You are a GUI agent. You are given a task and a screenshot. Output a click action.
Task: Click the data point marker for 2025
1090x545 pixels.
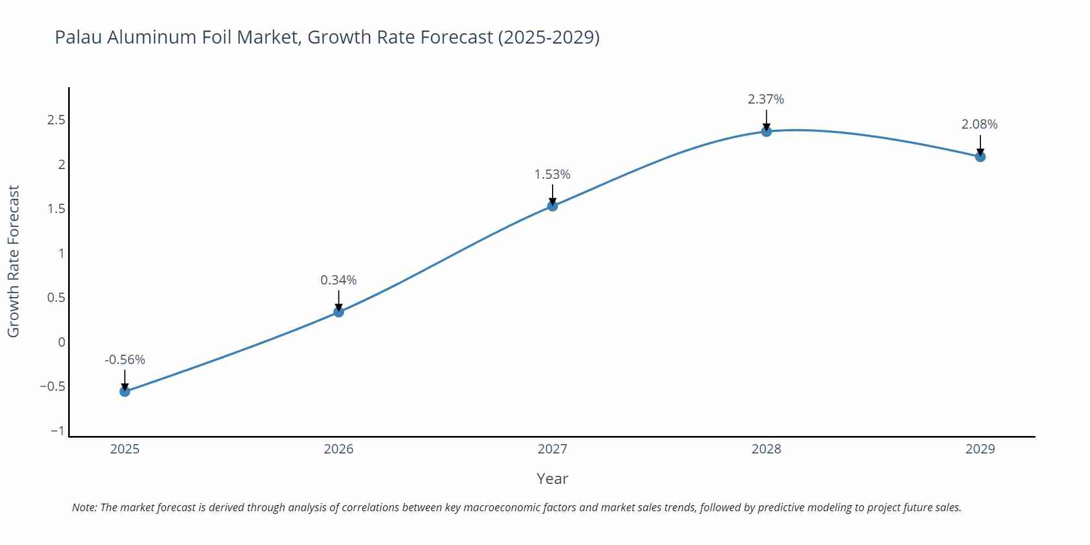(x=125, y=391)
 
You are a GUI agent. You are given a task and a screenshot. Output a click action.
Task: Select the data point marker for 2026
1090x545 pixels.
(x=338, y=312)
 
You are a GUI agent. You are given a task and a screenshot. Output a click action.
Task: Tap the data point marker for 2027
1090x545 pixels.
(x=552, y=205)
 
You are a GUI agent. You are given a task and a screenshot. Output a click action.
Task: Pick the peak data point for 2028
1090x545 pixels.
(x=766, y=131)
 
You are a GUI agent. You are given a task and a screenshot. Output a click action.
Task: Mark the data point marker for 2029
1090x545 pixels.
(x=980, y=157)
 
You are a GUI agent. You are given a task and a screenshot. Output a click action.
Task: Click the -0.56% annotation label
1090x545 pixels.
(x=125, y=360)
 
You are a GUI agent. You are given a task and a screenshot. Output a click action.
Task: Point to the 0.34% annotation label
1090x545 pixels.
(x=338, y=280)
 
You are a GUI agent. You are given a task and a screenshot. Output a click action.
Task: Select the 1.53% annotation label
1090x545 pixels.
(x=552, y=174)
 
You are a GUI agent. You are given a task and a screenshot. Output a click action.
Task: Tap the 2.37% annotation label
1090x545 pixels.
(x=766, y=99)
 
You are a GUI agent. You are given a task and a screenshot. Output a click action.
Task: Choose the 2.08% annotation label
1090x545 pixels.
(x=979, y=124)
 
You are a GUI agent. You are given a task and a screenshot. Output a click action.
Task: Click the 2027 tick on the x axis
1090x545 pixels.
(x=552, y=449)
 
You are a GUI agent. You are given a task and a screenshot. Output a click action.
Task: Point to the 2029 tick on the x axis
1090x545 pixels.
(x=980, y=449)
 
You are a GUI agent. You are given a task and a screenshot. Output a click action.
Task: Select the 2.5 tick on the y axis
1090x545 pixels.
(x=56, y=120)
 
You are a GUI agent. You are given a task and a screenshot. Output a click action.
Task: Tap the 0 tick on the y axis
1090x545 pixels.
(x=62, y=342)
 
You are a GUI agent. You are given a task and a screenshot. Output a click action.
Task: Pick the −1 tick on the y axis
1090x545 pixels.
(x=57, y=431)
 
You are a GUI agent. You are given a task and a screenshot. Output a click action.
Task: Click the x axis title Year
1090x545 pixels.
(x=552, y=479)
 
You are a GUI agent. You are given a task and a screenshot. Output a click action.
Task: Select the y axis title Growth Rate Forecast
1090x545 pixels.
(x=14, y=261)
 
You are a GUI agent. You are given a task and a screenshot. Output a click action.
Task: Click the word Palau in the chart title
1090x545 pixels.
(x=78, y=37)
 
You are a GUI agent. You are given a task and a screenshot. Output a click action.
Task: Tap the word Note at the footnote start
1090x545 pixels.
(x=84, y=507)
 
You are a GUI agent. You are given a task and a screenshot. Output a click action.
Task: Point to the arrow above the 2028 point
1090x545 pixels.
(x=766, y=119)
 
